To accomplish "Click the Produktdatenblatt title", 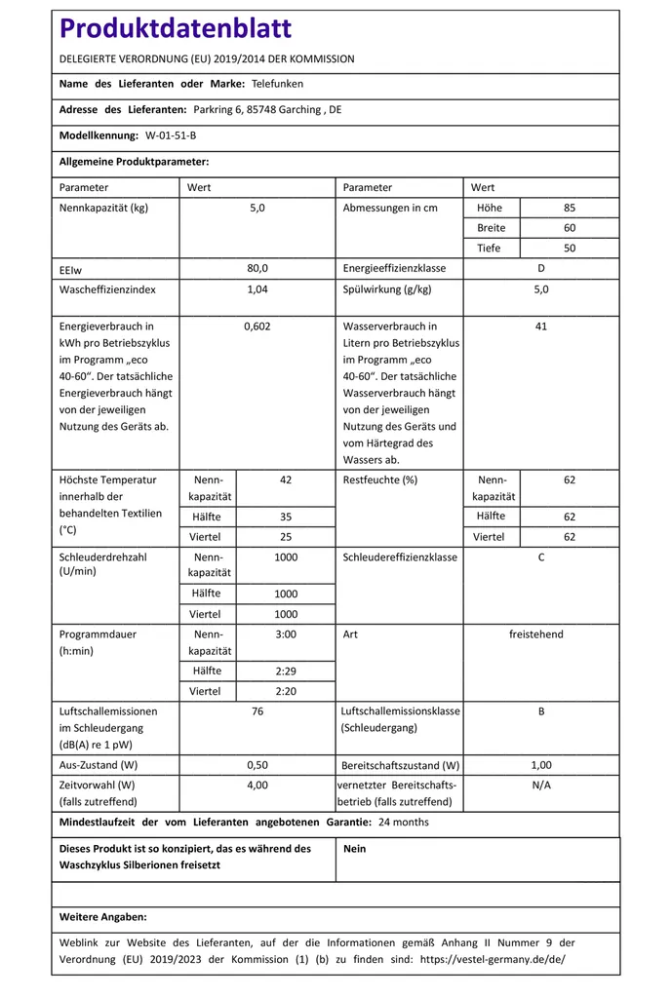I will (176, 28).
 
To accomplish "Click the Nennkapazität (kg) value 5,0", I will (257, 208).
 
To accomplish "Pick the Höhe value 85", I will (570, 208).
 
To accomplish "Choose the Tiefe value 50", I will (570, 248).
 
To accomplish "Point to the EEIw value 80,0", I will (257, 268).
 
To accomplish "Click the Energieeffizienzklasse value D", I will (541, 268).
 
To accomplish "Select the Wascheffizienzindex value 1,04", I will (257, 289).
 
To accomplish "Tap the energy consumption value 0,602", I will (257, 326).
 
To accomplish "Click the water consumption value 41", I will (541, 326).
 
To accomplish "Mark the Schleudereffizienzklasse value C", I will (541, 557).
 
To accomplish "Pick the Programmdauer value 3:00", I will (286, 634).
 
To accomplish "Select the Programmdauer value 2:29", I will (286, 671).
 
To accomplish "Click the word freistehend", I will (536, 634).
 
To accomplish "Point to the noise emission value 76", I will (257, 711).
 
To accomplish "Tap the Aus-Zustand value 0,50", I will (257, 765).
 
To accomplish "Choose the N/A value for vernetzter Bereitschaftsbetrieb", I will (541, 785).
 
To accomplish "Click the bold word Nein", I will (355, 849).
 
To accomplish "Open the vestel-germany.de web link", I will (492, 959).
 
